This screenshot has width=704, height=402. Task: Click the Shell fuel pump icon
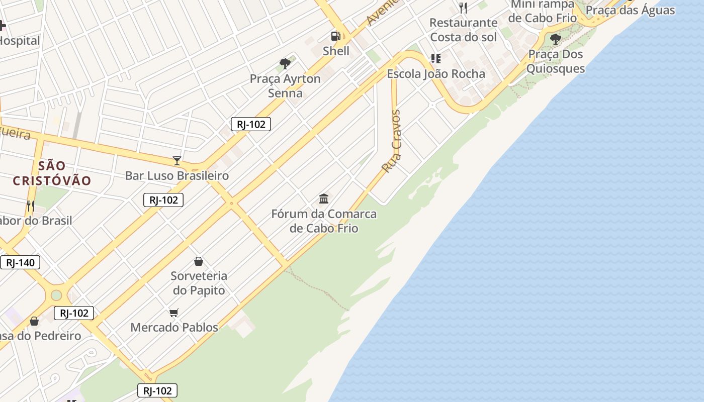[335, 36]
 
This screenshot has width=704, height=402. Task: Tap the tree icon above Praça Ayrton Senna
[285, 64]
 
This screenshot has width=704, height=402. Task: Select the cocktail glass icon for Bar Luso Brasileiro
[177, 161]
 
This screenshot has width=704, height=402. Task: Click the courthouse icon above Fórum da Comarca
[324, 199]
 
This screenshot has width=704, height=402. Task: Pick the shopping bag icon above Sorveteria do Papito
[199, 261]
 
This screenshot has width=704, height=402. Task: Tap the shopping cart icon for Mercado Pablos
[174, 313]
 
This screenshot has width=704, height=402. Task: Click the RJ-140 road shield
[20, 262]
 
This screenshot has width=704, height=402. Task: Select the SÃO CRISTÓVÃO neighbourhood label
[52, 173]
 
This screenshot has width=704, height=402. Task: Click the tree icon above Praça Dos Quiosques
[555, 39]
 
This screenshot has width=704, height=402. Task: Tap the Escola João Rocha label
[435, 74]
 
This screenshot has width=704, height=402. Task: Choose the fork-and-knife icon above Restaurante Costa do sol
[463, 8]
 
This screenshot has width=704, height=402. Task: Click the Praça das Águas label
[630, 10]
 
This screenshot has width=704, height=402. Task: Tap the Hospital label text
[20, 41]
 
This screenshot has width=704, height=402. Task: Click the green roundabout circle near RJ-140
[56, 295]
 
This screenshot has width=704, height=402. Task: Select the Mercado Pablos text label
[174, 327]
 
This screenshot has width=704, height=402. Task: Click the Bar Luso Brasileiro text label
[177, 175]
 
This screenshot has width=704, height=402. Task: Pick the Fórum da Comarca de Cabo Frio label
[324, 221]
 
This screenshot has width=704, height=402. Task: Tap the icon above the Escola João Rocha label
[435, 59]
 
